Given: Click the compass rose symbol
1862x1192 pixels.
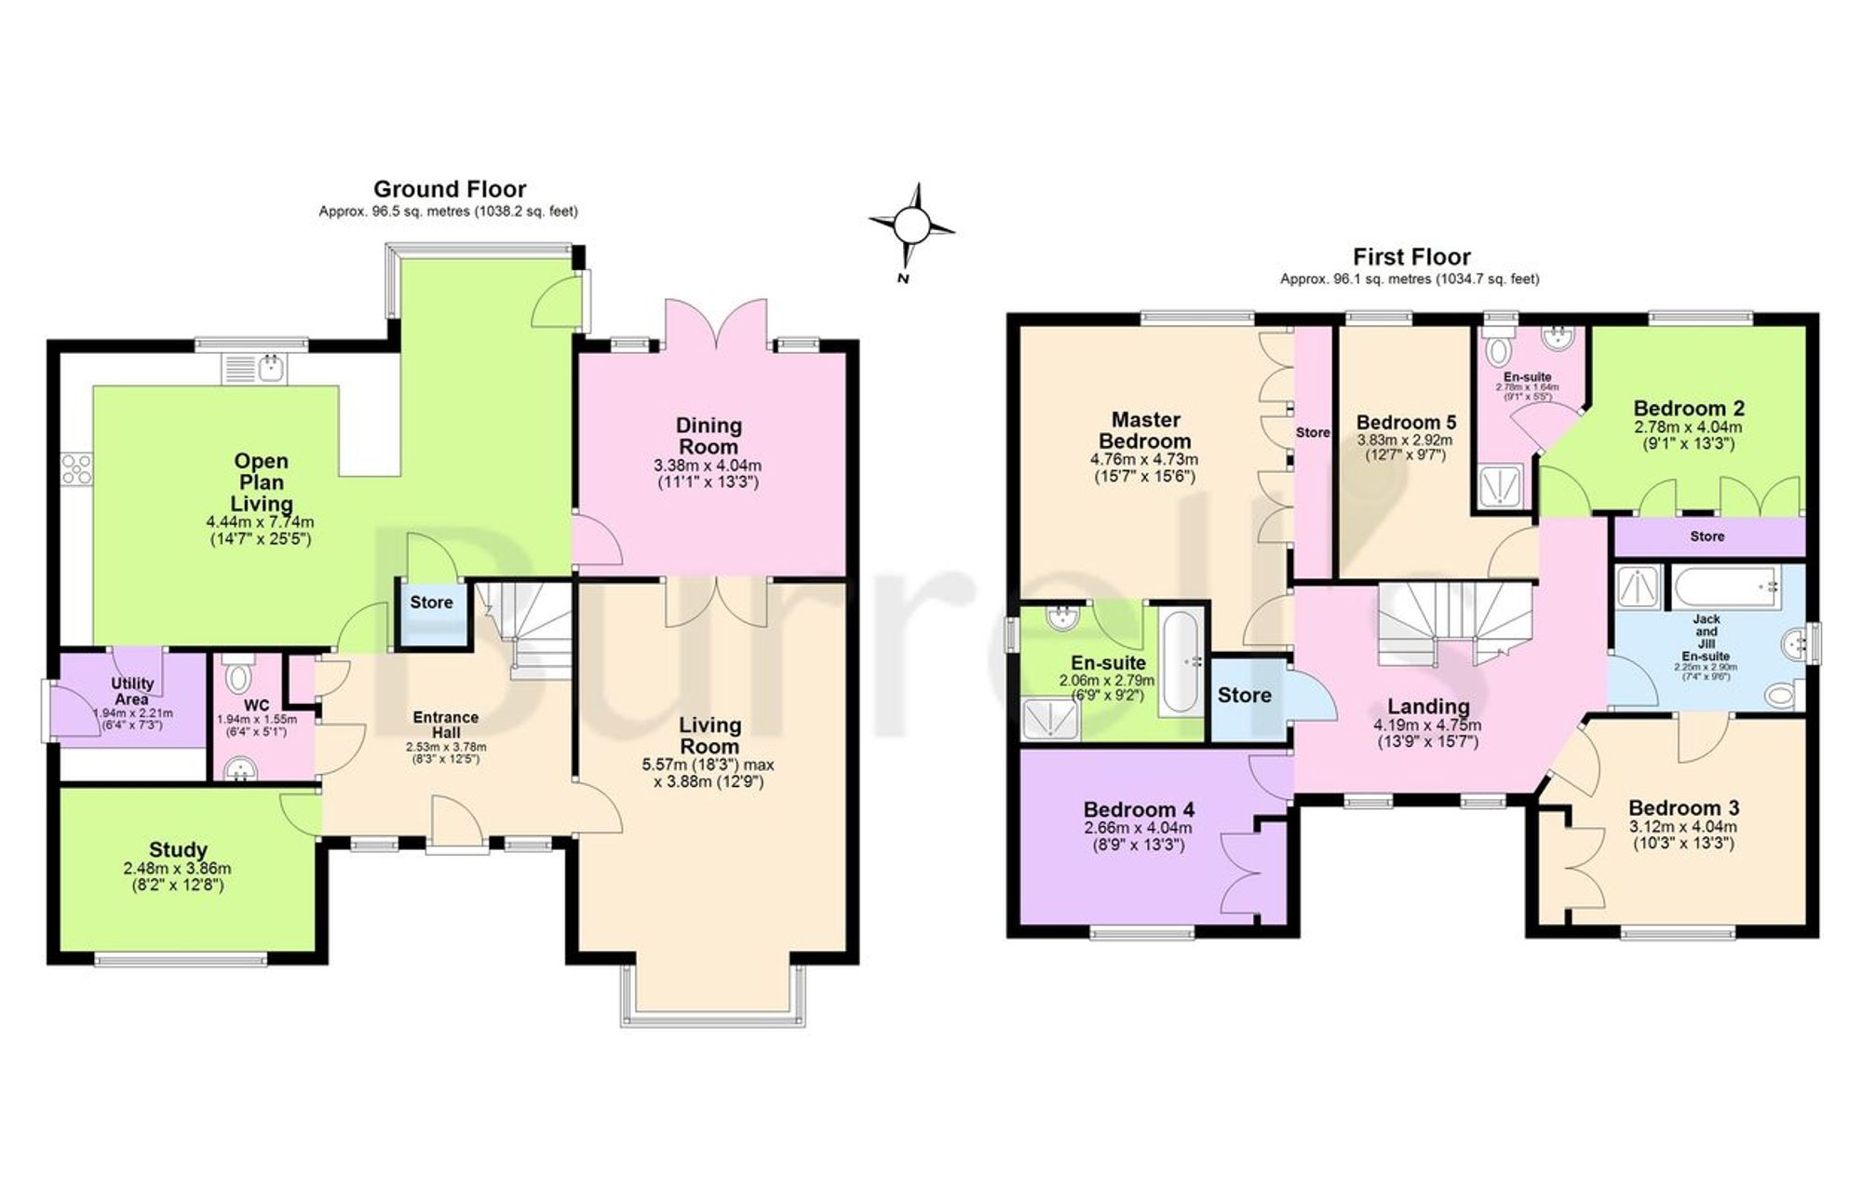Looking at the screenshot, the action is click(x=911, y=224).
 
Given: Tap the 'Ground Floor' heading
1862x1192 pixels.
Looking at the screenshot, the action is click(x=450, y=189).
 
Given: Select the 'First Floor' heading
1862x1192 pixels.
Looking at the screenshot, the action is click(x=1411, y=256).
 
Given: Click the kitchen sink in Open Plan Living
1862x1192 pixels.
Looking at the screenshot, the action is click(x=257, y=369).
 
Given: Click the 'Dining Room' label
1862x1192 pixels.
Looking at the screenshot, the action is click(x=708, y=436).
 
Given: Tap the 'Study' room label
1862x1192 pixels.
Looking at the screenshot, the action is click(x=178, y=849).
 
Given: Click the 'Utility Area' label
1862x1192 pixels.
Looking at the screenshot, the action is click(x=132, y=691).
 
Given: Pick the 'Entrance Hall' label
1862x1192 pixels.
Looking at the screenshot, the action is click(x=446, y=725).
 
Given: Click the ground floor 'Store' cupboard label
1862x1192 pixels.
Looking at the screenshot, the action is click(x=431, y=603).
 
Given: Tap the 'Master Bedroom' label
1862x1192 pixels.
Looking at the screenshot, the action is click(x=1144, y=430).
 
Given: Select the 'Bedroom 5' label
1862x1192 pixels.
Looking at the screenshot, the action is click(x=1406, y=422).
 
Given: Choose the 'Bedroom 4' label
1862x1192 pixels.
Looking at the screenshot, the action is click(x=1139, y=809).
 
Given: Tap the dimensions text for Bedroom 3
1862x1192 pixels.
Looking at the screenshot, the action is click(x=1683, y=835).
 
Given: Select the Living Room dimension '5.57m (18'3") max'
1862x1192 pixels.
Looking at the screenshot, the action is click(x=708, y=765).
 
